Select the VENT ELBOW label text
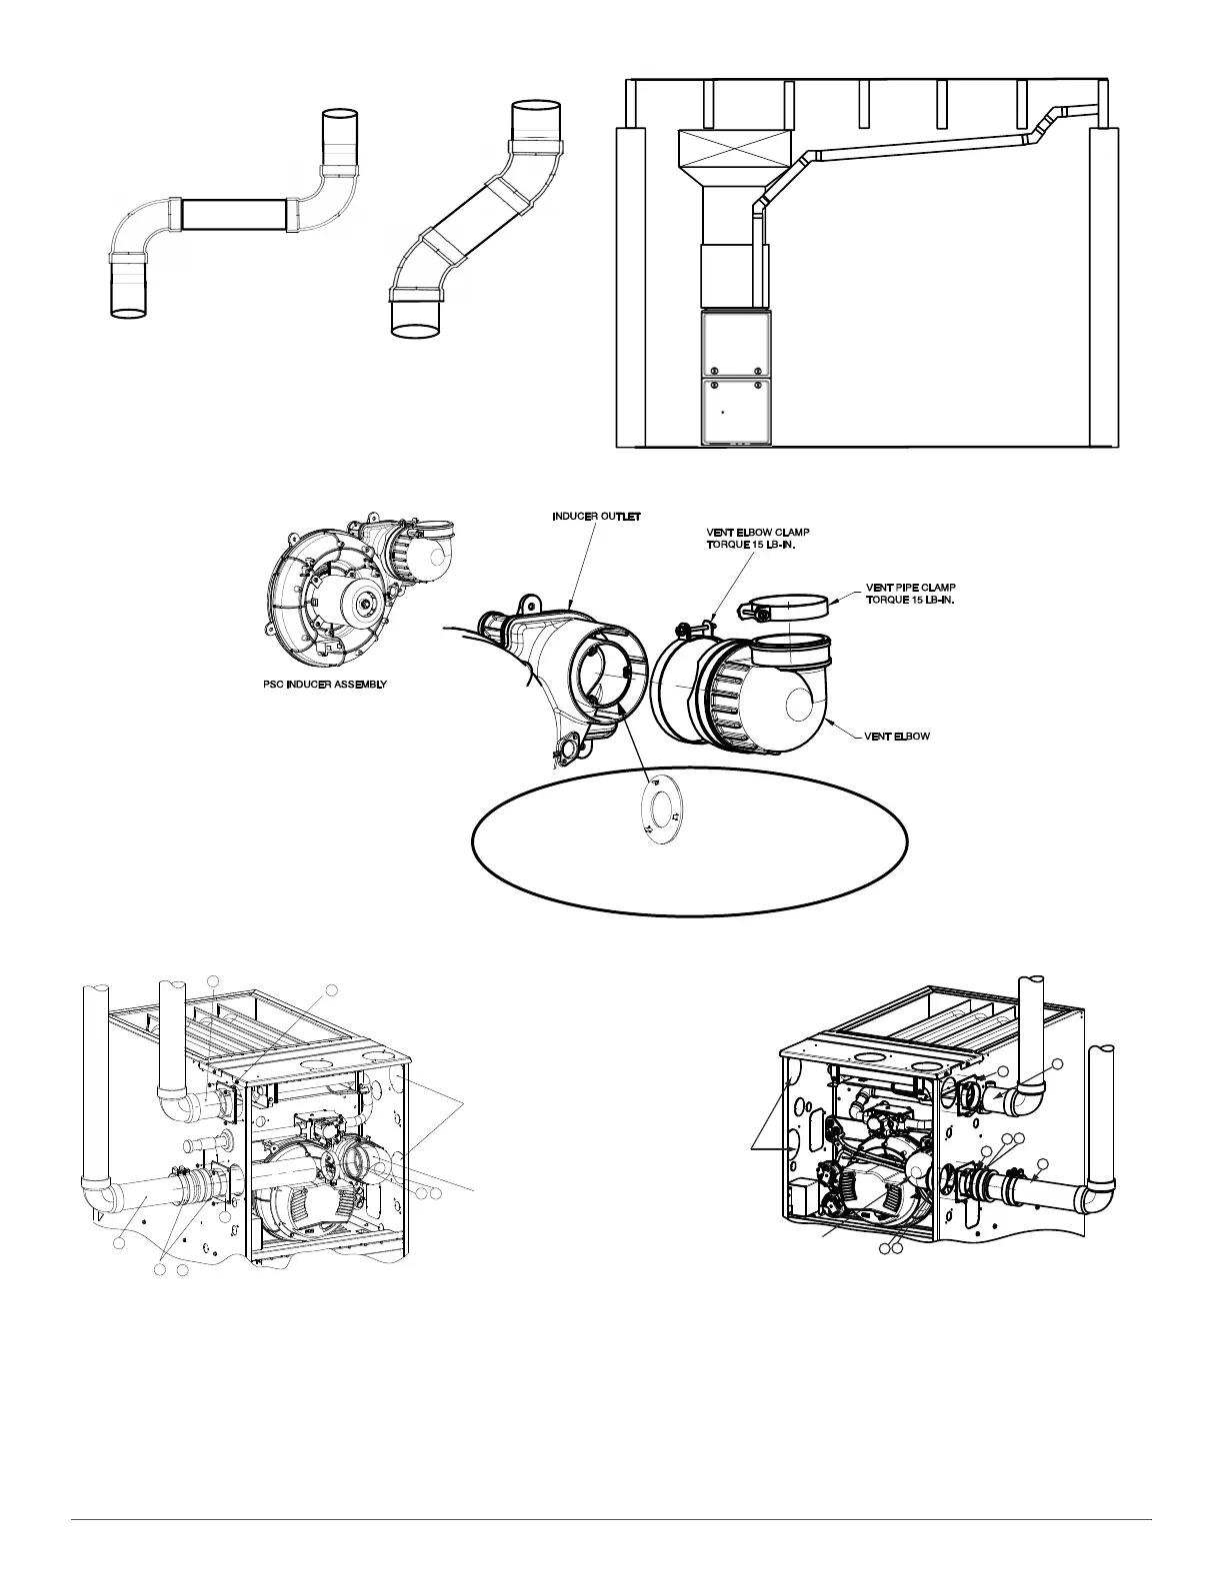coord(897,737)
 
